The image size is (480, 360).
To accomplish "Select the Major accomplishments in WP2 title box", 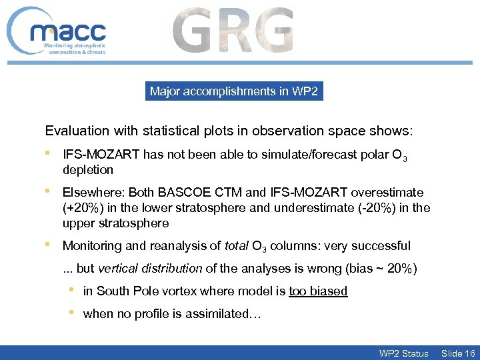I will tap(234, 91).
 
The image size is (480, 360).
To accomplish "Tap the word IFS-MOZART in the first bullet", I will tap(100, 155).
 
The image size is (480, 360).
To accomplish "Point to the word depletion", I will tap(88, 169).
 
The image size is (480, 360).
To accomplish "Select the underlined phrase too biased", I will tap(318, 291).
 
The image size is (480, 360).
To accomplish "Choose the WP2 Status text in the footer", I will tap(403, 353).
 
